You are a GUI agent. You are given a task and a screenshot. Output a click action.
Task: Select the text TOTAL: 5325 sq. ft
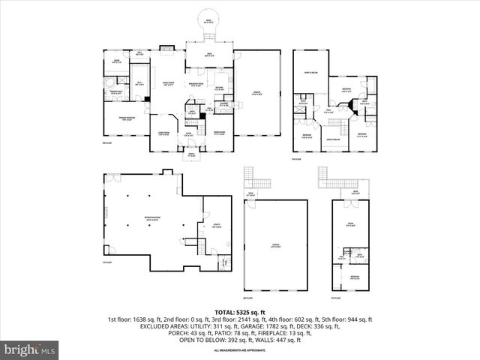click(x=239, y=311)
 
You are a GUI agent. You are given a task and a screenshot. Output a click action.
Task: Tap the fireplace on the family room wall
click(x=166, y=51)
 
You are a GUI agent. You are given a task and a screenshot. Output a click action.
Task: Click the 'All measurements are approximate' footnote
click(x=239, y=349)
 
